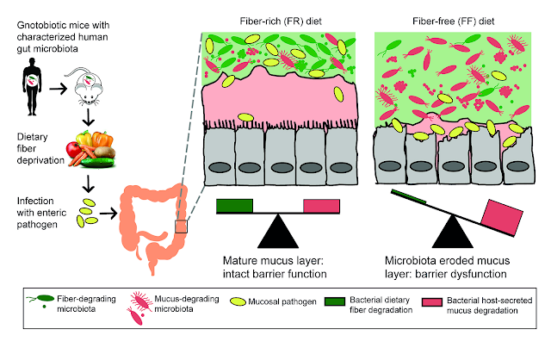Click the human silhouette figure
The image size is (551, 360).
tap(32, 86)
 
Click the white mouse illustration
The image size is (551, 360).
tap(89, 86)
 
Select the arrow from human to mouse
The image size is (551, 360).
tap(58, 89)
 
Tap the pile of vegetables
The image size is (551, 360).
tap(91, 149)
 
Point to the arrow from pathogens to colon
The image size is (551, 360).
tap(108, 213)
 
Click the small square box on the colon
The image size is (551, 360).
tap(181, 227)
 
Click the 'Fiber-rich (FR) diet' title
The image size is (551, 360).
tap(281, 22)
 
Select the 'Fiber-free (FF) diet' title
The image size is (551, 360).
tap(454, 22)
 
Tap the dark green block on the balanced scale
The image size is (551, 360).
tap(234, 206)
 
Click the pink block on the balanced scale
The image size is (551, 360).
tap(321, 206)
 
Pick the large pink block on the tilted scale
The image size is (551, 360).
tap(502, 217)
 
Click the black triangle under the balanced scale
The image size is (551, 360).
tap(278, 233)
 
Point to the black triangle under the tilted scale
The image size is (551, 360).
tap(453, 233)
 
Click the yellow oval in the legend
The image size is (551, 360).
tap(238, 301)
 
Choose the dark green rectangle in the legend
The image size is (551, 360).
tap(335, 301)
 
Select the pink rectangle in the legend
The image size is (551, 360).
tap(432, 302)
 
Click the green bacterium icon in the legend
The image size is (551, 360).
tap(40, 300)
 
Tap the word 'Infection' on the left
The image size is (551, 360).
tap(35, 201)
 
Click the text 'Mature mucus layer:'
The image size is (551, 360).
tap(273, 261)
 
